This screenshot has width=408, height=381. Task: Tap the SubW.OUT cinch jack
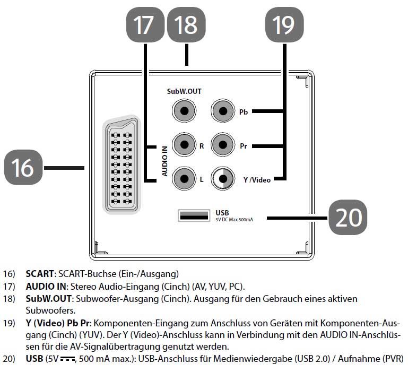pyautogui.click(x=183, y=111)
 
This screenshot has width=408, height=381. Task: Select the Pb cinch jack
pyautogui.click(x=221, y=111)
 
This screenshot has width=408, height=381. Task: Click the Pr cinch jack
pyautogui.click(x=221, y=145)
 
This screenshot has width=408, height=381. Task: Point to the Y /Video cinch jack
pyautogui.click(x=221, y=178)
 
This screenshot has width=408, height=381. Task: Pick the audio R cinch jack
pyautogui.click(x=183, y=145)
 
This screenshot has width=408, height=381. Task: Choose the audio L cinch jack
pyautogui.click(x=183, y=178)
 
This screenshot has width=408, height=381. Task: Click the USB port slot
pyautogui.click(x=193, y=215)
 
